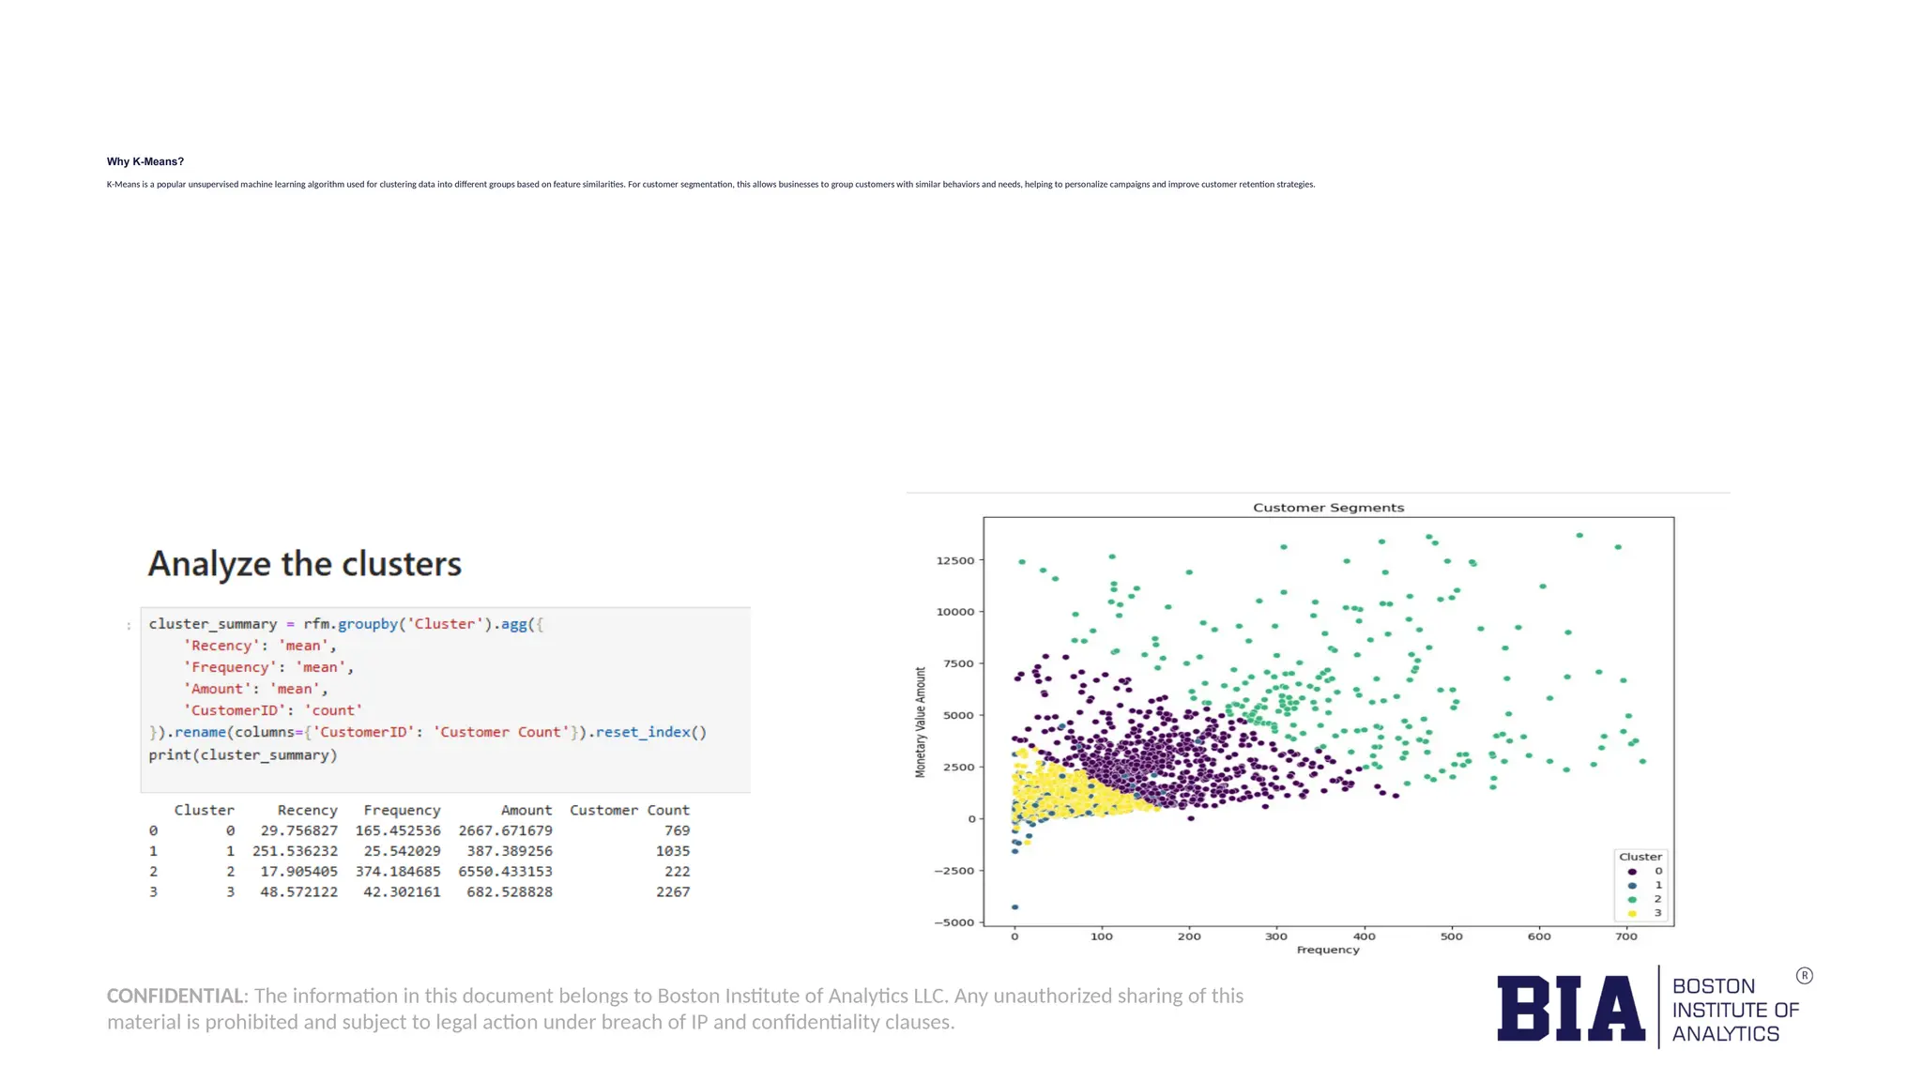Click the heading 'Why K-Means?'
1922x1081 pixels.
click(145, 161)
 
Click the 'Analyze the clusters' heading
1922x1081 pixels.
click(304, 564)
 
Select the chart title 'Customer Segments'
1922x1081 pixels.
click(1328, 508)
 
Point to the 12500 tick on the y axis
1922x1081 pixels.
click(955, 561)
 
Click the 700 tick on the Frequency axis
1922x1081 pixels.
click(1626, 936)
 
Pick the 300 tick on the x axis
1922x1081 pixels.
click(1276, 936)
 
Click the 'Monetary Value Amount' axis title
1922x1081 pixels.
click(921, 722)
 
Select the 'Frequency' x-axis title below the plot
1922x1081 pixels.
click(1328, 951)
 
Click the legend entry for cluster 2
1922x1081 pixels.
click(1645, 899)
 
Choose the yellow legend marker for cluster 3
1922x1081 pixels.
click(1632, 913)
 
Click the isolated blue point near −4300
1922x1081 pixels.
click(1015, 907)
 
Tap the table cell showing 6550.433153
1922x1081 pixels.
click(505, 872)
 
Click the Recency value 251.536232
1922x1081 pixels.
click(295, 851)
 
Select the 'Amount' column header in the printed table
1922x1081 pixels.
click(526, 810)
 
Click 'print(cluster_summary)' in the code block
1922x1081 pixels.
click(242, 754)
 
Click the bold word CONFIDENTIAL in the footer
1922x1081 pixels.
click(175, 996)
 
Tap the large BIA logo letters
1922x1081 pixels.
click(1570, 1009)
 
